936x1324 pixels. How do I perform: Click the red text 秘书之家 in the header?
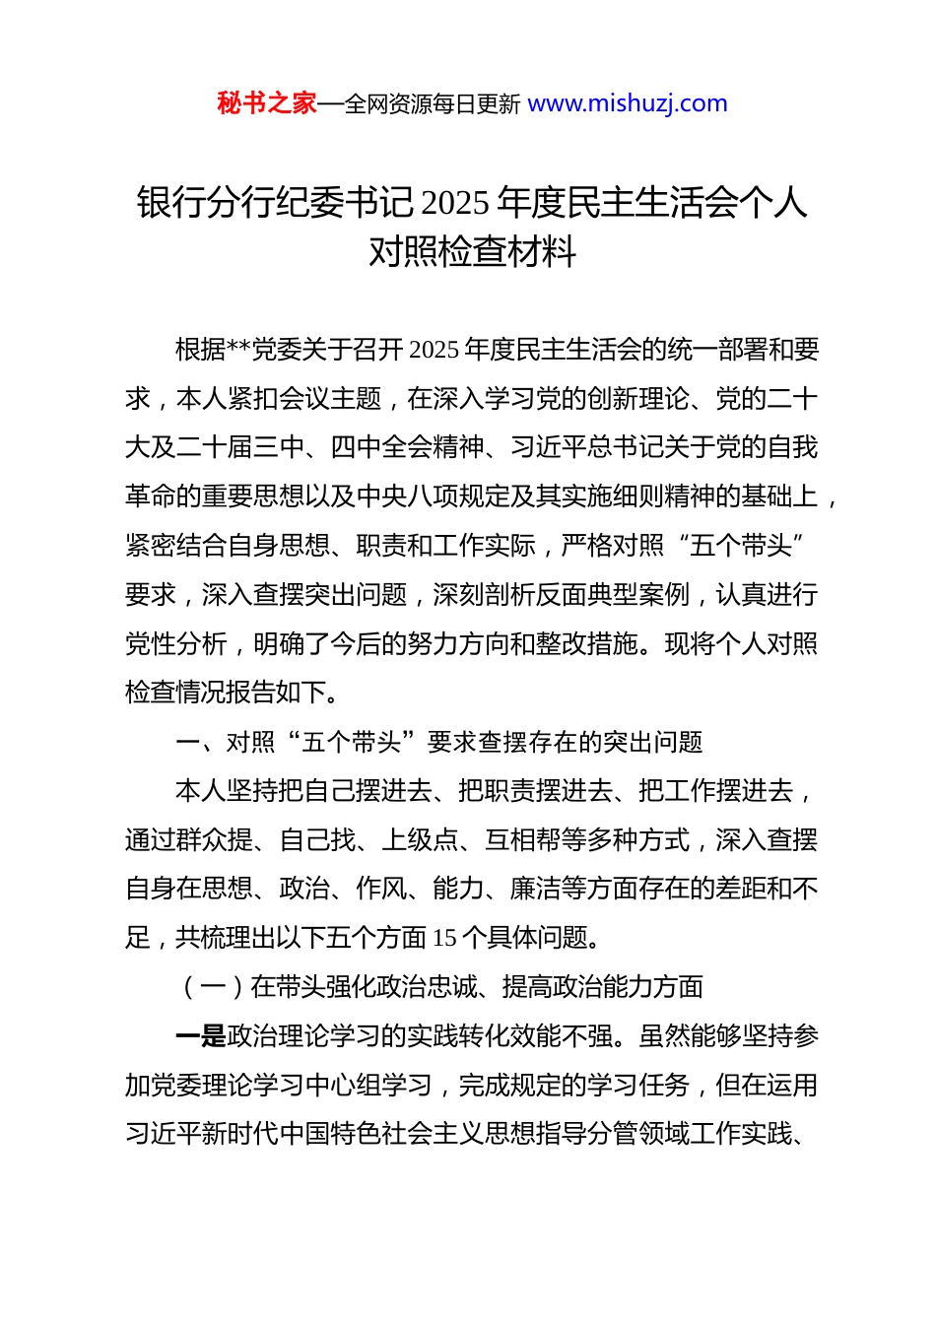click(267, 103)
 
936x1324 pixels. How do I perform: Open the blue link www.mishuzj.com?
click(628, 103)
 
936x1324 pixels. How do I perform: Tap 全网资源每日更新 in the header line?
click(433, 104)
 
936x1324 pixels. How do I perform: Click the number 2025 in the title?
click(455, 203)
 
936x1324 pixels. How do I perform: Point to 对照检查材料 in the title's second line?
click(472, 252)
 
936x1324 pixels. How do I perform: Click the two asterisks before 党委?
click(239, 351)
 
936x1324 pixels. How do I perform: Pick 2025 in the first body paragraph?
click(434, 351)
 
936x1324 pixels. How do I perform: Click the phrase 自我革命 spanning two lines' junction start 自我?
click(793, 448)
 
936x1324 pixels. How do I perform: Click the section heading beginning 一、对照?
click(438, 742)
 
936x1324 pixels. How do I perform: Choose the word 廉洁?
click(535, 890)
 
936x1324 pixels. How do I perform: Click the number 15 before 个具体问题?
click(444, 938)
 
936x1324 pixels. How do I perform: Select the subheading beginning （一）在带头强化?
click(438, 987)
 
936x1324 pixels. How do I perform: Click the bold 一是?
click(200, 1036)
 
